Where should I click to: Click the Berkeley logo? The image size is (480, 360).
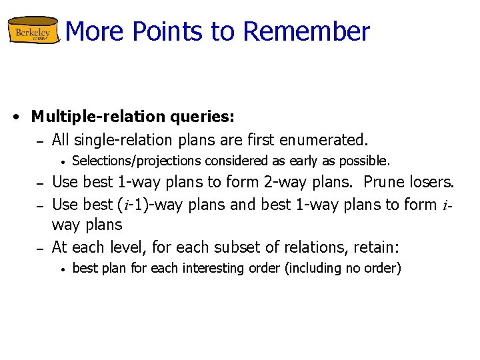tap(34, 31)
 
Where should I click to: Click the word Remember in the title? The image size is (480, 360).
tap(306, 31)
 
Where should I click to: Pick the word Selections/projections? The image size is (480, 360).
tap(137, 161)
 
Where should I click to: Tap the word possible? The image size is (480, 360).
tap(365, 161)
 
